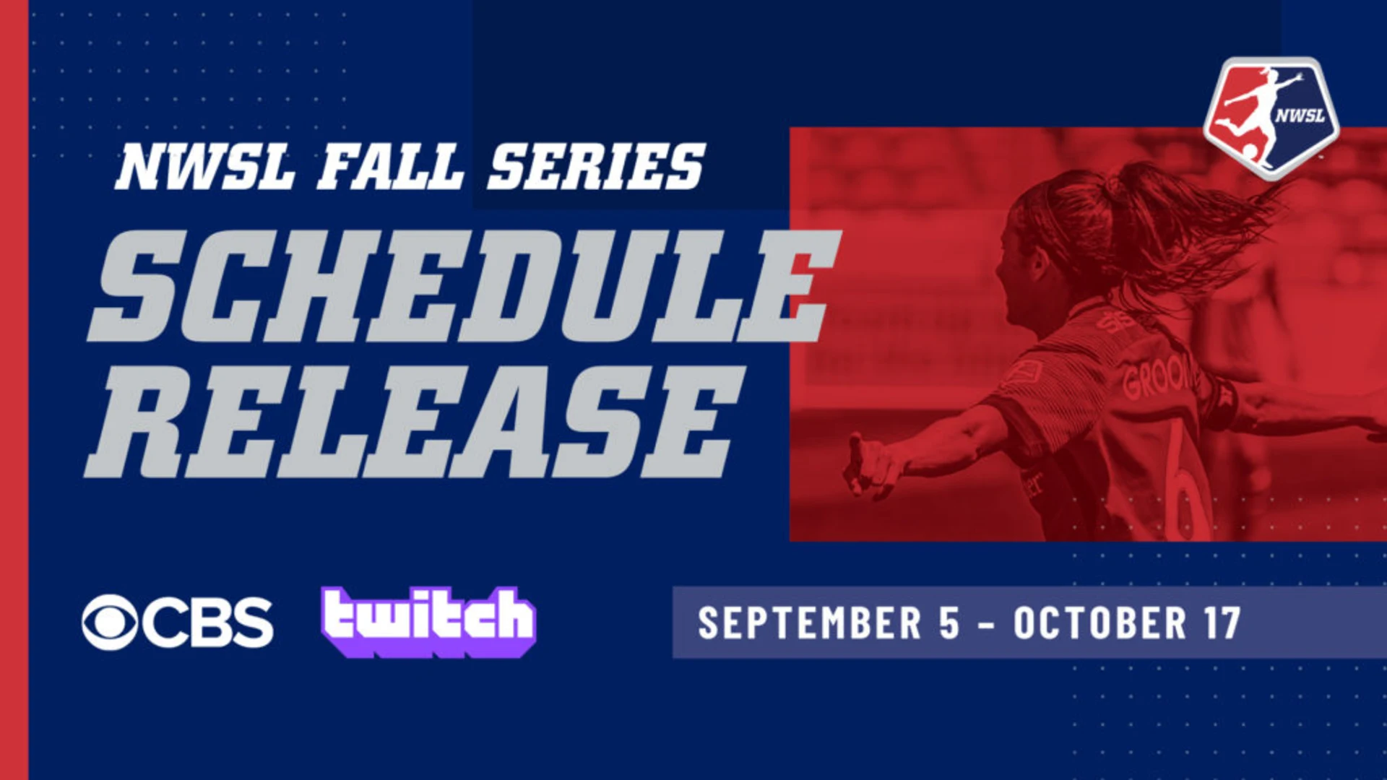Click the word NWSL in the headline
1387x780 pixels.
point(205,167)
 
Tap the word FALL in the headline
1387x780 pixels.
point(390,167)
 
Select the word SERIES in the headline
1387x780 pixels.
point(595,167)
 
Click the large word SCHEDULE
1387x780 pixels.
point(462,286)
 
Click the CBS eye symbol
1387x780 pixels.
point(110,623)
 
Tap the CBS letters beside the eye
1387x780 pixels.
point(207,623)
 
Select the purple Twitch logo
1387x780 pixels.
point(429,621)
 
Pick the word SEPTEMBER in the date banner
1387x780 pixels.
point(810,623)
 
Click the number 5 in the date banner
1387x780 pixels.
point(949,623)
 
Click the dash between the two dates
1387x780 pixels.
point(986,624)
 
